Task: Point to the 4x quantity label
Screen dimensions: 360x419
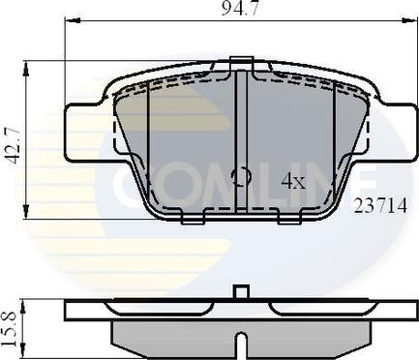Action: [293, 181]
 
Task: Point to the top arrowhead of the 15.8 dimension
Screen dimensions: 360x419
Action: [30, 303]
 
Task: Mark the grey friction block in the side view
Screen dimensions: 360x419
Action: [174, 336]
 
